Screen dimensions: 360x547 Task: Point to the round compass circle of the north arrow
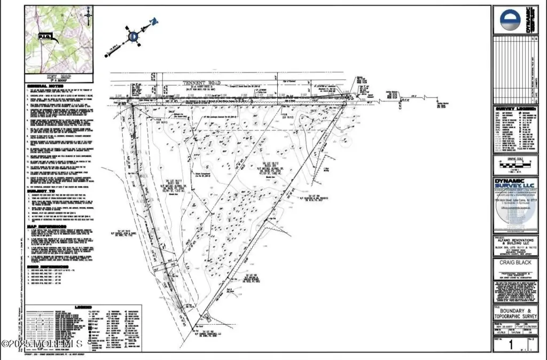click(x=133, y=36)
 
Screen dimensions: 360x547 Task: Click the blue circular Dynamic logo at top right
click(x=511, y=20)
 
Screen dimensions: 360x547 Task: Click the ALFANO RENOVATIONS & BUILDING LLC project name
click(x=514, y=244)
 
